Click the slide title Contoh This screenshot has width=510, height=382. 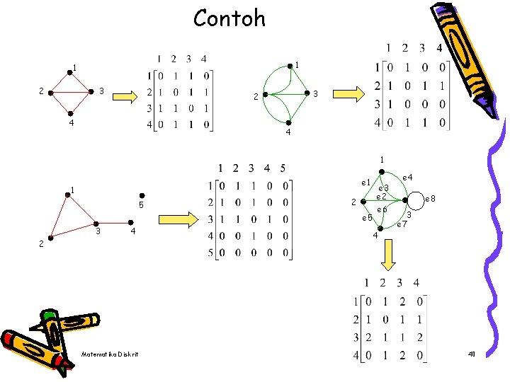pyautogui.click(x=229, y=18)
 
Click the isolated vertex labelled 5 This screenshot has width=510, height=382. pyautogui.click(x=142, y=196)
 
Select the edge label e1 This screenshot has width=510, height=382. pyautogui.click(x=366, y=183)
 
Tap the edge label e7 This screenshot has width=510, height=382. pyautogui.click(x=402, y=224)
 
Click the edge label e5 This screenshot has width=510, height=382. pyautogui.click(x=367, y=218)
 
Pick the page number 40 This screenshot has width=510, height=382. pyautogui.click(x=472, y=353)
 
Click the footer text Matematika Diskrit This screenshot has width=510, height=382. pyautogui.click(x=110, y=354)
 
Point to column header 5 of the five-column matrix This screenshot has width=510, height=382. pyautogui.click(x=283, y=168)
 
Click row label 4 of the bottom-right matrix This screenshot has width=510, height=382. pyautogui.click(x=353, y=354)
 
